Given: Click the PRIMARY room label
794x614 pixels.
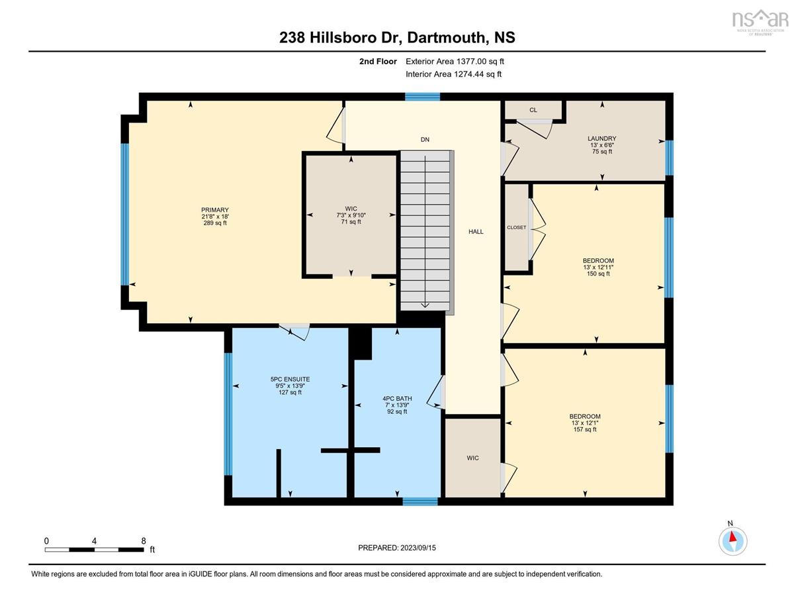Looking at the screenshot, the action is tap(215, 210).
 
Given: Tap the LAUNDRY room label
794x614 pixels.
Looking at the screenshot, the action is tap(602, 138).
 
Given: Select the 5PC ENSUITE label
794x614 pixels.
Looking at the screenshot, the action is tap(290, 380).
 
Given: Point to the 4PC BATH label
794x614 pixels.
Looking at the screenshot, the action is tap(397, 398).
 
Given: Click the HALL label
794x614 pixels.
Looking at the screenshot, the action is tap(476, 231).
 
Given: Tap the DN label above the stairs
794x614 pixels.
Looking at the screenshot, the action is tap(425, 139).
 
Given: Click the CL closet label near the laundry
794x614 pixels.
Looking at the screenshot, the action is tap(533, 110).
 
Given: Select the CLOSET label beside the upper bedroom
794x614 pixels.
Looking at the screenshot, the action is tap(517, 227).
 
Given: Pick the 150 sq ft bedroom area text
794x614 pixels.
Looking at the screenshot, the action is tap(598, 274).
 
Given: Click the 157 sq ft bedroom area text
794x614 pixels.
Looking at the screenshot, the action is tap(585, 429).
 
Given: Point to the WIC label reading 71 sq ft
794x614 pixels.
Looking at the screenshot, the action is tap(351, 209).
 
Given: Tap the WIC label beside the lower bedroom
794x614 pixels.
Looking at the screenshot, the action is tap(472, 458).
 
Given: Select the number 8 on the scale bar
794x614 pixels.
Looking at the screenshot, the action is tap(144, 541).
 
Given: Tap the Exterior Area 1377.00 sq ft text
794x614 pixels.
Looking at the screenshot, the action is tap(455, 62).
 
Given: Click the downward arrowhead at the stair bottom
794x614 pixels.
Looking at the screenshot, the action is tap(425, 305).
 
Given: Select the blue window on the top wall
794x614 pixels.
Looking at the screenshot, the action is tap(422, 97).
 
